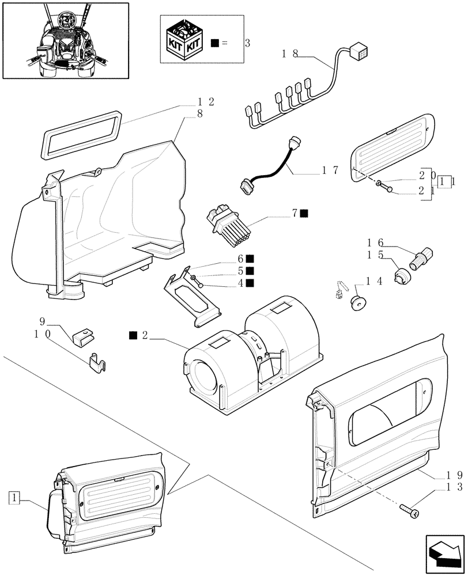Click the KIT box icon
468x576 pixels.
(184, 40)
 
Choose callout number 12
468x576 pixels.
(206, 102)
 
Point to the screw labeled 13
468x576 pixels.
(409, 509)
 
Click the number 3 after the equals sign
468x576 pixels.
(247, 43)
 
